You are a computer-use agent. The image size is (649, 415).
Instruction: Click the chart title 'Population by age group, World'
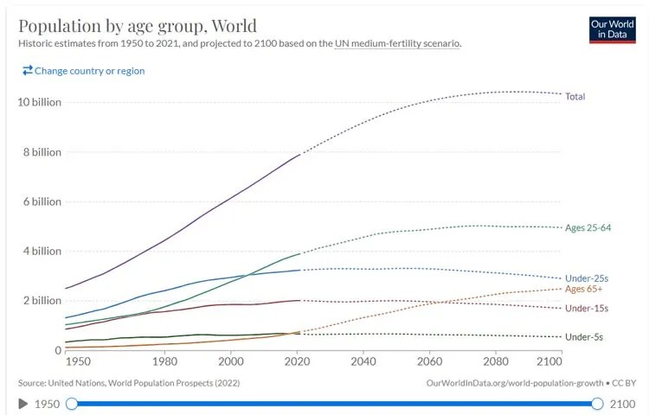coord(137,24)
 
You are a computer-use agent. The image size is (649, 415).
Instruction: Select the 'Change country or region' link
coord(84,71)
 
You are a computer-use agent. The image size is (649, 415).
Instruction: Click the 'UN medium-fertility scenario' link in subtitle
coord(397,43)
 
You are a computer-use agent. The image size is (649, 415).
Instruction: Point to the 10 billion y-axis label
coord(39,102)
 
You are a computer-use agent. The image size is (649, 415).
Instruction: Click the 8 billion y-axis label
coord(42,152)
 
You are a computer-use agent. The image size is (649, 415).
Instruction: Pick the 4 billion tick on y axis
coord(42,252)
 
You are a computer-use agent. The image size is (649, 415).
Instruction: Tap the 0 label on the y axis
coord(58,350)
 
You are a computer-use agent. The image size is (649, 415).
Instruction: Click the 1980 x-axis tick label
coord(164,361)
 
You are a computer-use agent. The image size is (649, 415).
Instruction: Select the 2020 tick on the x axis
coord(298,361)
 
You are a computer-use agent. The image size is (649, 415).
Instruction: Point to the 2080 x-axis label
coord(495,361)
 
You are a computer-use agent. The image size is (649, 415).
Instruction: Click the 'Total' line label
coord(575,97)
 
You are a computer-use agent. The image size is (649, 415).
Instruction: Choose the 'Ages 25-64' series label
coord(588,228)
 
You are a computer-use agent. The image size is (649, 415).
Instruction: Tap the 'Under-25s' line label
coord(587,278)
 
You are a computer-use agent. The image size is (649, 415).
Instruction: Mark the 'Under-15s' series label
coord(587,309)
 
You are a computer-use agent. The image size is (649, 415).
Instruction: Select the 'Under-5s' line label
coord(584,336)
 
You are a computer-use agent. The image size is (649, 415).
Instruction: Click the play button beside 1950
coord(23,404)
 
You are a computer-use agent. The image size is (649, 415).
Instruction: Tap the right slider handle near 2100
coord(597,404)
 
